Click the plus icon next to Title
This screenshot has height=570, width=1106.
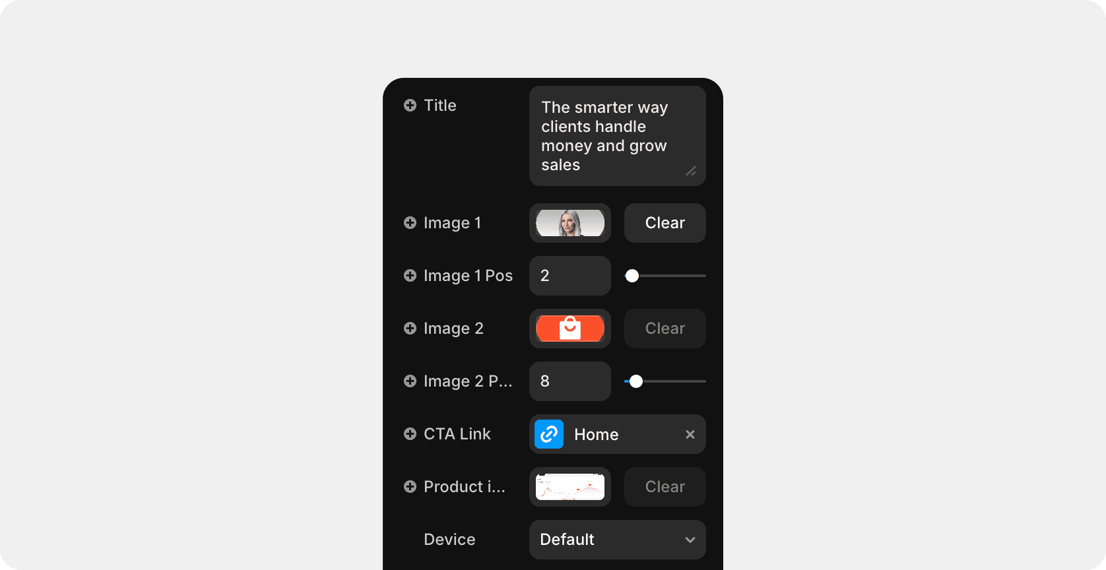click(x=410, y=106)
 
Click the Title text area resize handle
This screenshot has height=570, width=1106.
click(x=691, y=171)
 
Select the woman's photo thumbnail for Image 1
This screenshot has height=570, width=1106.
click(x=570, y=223)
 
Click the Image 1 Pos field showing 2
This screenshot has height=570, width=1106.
click(x=570, y=276)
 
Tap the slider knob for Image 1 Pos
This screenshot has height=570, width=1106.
click(x=632, y=276)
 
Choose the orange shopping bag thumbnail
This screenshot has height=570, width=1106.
click(x=570, y=329)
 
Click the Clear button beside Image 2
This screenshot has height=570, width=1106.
click(x=665, y=329)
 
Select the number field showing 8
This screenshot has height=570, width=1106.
click(x=570, y=381)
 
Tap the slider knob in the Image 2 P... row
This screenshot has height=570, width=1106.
click(x=636, y=381)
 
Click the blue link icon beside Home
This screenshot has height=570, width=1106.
click(x=549, y=434)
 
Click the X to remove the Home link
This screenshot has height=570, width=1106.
click(x=690, y=434)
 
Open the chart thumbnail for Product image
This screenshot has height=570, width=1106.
click(x=570, y=487)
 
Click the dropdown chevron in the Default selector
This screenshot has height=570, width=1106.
click(x=690, y=540)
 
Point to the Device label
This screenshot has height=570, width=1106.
click(x=449, y=540)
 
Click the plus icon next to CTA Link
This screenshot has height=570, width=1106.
click(x=410, y=434)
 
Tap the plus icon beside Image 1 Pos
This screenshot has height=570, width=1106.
click(x=410, y=276)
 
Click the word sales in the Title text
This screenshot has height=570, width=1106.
click(x=560, y=165)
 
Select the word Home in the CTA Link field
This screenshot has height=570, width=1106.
click(x=596, y=434)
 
